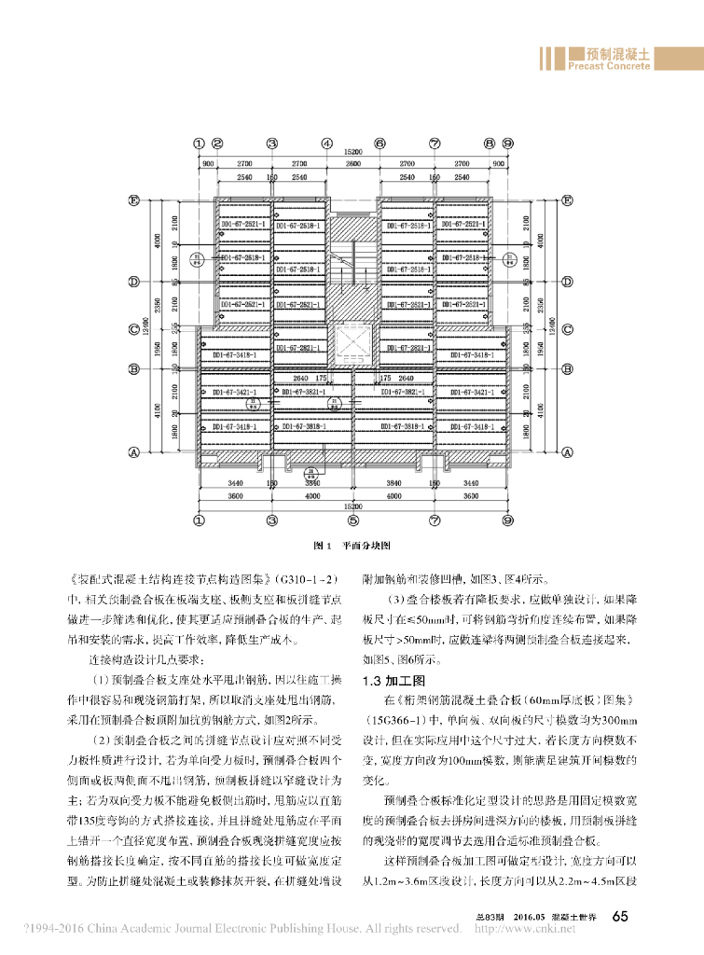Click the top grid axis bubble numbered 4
[x=327, y=144]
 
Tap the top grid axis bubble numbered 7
[x=435, y=144]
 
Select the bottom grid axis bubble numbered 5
[x=353, y=520]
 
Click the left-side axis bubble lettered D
[x=134, y=281]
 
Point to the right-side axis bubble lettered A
[x=566, y=452]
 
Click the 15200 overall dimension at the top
[x=352, y=152]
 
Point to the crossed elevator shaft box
[x=353, y=345]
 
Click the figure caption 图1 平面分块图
[x=352, y=545]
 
